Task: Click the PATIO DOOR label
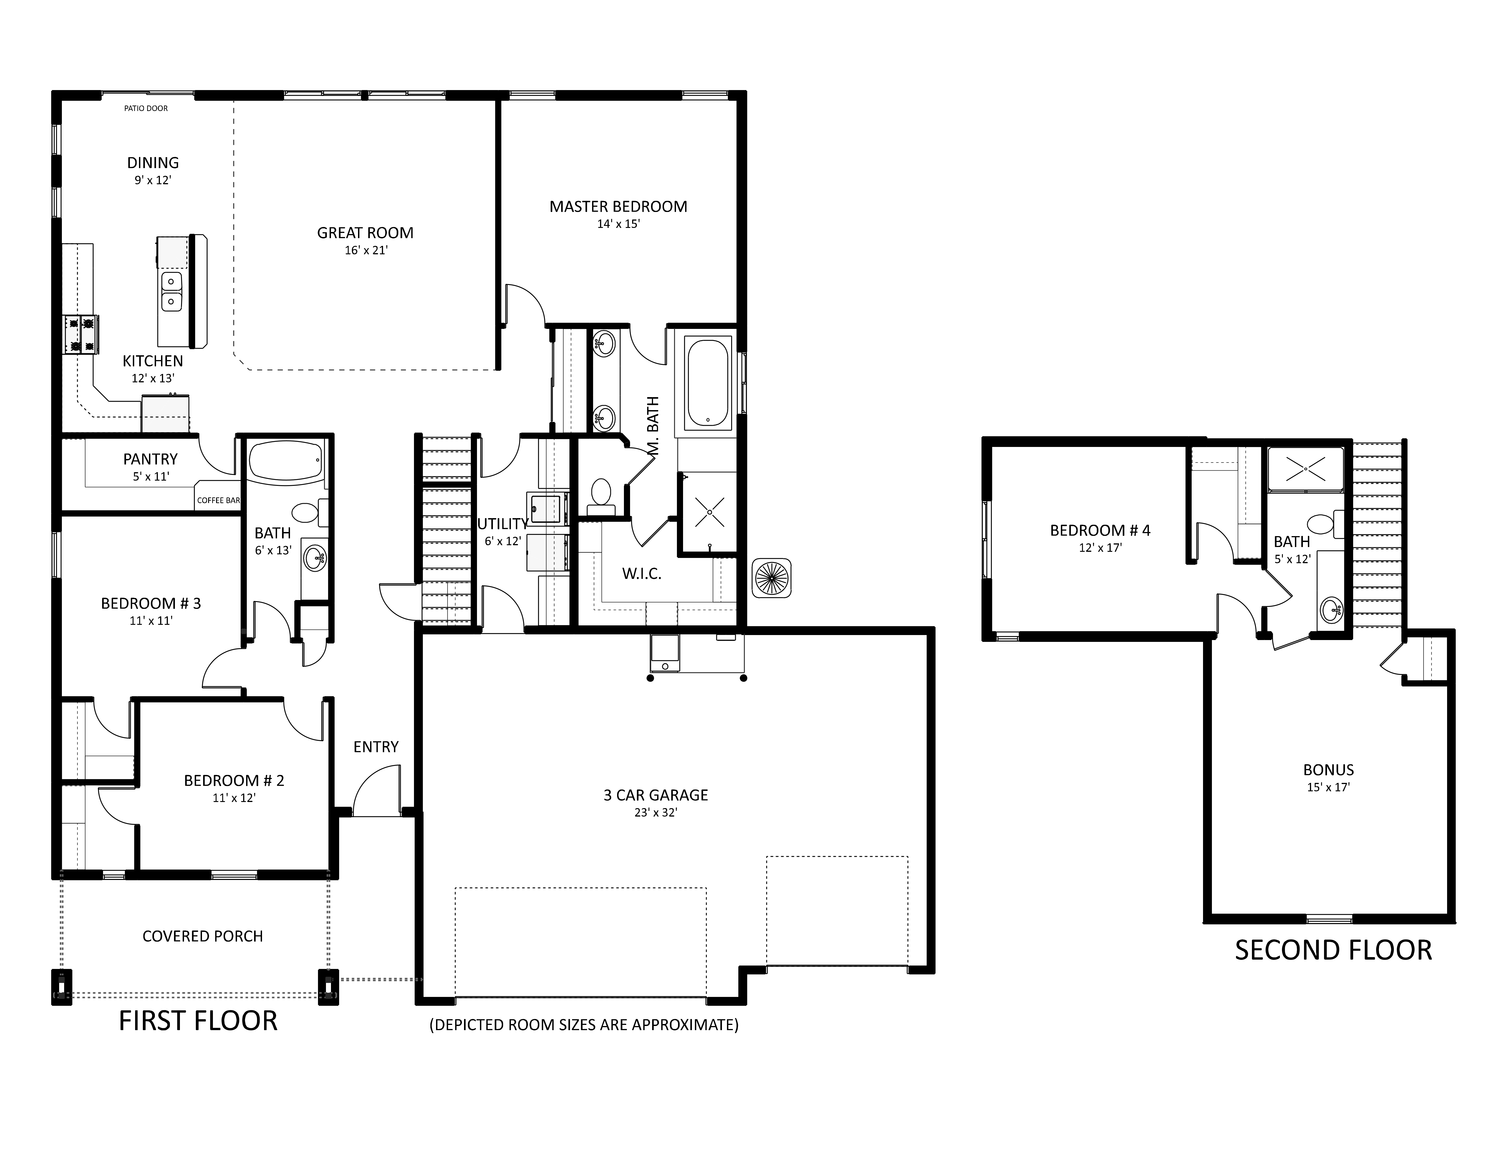146,108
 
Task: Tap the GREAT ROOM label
365,233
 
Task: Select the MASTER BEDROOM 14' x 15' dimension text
618,224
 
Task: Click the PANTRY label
151,459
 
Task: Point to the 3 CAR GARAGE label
656,795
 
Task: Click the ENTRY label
376,747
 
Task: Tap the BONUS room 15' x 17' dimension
1329,787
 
